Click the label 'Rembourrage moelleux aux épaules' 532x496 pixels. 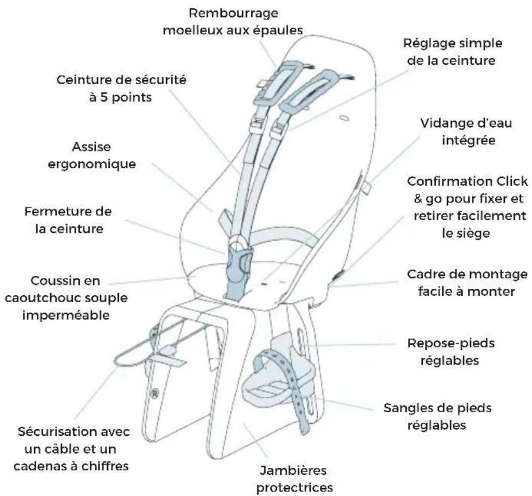coord(233,22)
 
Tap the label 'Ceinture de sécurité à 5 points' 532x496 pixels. coord(121,88)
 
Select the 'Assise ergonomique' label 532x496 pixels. coord(91,155)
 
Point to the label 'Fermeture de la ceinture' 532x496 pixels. coord(68,220)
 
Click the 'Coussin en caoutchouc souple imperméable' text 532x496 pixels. coord(66,298)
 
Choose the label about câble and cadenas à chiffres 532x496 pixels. coord(72,449)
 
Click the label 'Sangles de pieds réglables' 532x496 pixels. coord(437,416)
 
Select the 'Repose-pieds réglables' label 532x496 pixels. coord(450,352)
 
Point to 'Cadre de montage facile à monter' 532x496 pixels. coord(467,283)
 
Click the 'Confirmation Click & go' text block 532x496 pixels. coord(467,207)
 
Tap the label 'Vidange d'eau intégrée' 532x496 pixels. coord(466,132)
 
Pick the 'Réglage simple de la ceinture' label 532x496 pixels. coord(453,52)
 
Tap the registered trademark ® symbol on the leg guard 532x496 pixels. coord(155,393)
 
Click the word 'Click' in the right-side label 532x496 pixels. coord(512,181)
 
